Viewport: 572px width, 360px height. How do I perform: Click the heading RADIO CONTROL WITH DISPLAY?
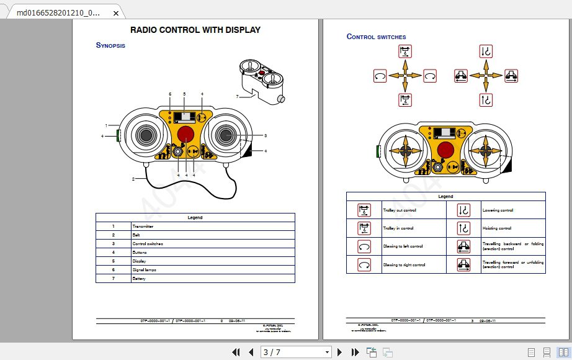(x=195, y=30)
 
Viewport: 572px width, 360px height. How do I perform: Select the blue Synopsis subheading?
(x=110, y=45)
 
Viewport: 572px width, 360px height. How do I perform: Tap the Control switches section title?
(x=376, y=37)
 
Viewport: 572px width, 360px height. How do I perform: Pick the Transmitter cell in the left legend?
(x=143, y=227)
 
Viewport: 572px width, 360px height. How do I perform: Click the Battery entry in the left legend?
(x=138, y=279)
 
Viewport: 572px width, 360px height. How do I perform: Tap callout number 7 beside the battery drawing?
(x=237, y=96)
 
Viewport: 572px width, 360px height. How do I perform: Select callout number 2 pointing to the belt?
(x=133, y=179)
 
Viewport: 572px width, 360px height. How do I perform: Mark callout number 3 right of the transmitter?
(x=265, y=135)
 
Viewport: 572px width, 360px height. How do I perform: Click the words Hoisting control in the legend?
(x=497, y=228)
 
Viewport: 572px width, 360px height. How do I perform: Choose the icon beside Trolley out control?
(x=364, y=210)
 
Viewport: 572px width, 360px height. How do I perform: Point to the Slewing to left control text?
(x=403, y=246)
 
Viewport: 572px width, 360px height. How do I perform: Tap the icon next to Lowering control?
(x=464, y=210)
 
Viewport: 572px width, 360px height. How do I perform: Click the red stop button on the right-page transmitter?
(x=445, y=150)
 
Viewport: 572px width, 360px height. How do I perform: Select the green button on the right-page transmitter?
(x=377, y=151)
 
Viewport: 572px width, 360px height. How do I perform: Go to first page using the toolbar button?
(x=236, y=353)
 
